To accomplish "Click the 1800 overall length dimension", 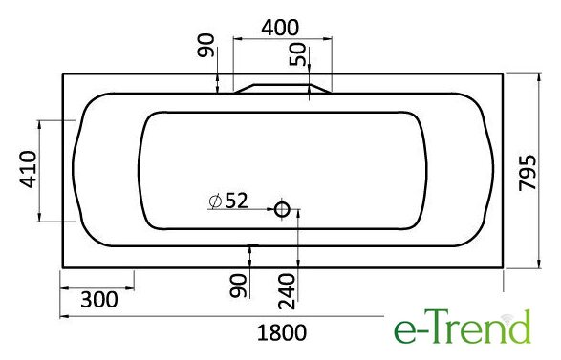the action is point(282,333).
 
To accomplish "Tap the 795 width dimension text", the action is point(529,173).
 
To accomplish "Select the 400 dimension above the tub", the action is point(280,28).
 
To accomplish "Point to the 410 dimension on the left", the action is point(28,169).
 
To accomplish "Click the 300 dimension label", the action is point(99,300).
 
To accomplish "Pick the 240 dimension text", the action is point(288,291).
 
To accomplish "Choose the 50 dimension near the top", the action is point(297,54).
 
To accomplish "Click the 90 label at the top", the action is point(206,46).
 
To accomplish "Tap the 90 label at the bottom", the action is point(239,286).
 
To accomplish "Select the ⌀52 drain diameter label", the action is point(228,201).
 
